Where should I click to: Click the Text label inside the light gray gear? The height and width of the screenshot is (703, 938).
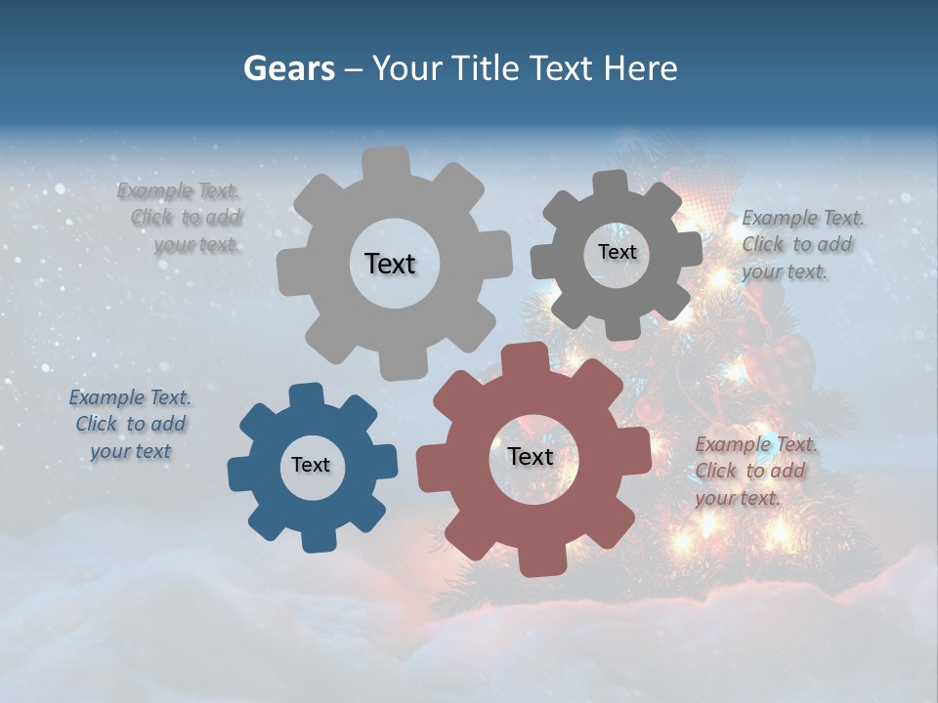390,264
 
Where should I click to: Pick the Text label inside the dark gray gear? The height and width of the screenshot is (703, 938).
617,252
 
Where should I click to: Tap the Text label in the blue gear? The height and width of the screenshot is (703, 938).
311,465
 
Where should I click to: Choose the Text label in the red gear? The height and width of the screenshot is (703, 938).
531,456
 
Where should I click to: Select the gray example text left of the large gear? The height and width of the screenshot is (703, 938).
181,218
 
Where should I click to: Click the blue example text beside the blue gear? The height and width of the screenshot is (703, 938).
130,424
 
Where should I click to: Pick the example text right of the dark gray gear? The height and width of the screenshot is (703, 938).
801,244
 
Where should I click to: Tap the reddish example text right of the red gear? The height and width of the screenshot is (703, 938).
754,471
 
